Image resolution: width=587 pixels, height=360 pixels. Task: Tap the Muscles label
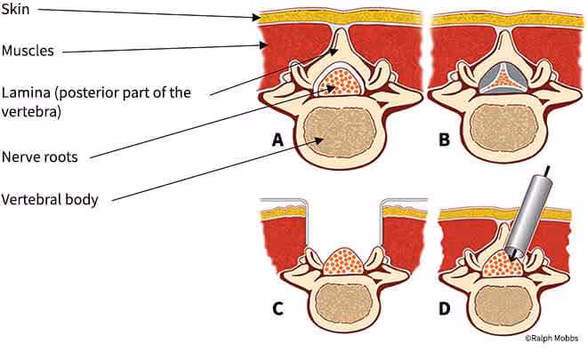click(28, 51)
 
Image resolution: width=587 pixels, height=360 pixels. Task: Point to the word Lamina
click(28, 92)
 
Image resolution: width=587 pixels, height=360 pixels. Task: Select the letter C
click(278, 310)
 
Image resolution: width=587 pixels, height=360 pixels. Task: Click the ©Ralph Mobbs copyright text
click(551, 338)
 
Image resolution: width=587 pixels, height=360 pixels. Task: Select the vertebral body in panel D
click(505, 306)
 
